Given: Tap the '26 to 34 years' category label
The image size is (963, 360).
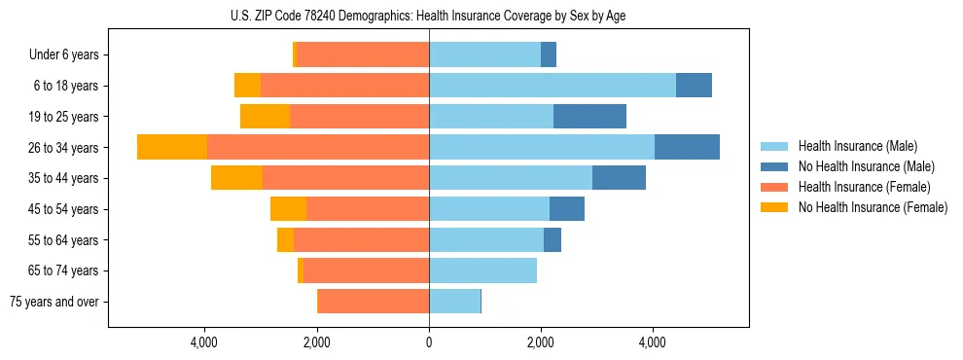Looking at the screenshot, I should click(x=64, y=148).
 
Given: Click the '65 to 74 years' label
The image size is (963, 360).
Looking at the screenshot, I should click(x=64, y=270).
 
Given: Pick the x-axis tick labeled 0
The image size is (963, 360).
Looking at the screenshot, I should click(x=429, y=342).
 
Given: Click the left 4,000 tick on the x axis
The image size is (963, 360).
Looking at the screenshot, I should click(x=204, y=342).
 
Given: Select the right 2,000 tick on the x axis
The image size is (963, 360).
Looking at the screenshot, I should click(x=541, y=342).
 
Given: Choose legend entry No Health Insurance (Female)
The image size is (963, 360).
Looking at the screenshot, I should click(x=873, y=207).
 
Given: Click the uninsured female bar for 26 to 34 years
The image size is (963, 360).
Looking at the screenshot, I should click(x=172, y=147).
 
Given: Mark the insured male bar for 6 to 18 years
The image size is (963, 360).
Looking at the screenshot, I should click(x=553, y=86).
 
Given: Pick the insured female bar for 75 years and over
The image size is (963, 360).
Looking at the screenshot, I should click(x=374, y=302).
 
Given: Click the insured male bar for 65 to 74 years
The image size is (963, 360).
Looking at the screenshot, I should click(x=482, y=270).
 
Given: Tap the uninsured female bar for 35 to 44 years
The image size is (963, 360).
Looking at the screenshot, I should click(x=236, y=178).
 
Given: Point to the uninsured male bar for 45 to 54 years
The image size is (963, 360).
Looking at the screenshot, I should click(x=567, y=209).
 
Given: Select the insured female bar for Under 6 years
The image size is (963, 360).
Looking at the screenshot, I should click(x=363, y=55).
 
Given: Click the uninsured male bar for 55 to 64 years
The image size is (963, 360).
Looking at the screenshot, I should click(x=553, y=239).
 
